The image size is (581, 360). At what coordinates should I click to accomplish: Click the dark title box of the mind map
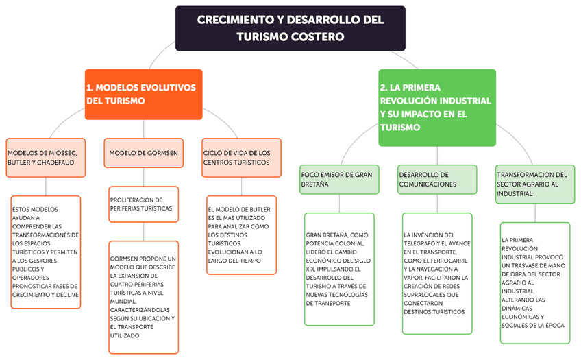point(290,28)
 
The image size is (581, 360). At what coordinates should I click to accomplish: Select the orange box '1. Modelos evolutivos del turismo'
point(144,94)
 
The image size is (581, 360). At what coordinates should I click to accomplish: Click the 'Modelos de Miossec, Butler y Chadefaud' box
point(46,157)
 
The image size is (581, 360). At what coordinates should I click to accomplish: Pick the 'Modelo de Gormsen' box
point(144,152)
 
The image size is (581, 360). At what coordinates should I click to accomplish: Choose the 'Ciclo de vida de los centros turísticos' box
point(241,157)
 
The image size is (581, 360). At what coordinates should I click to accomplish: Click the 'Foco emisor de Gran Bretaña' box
point(338,179)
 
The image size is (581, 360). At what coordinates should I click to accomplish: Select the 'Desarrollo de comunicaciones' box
point(436,179)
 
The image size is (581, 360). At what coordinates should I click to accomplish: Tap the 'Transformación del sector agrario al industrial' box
point(535,184)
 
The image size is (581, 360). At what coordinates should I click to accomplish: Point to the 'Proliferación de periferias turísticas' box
point(143,204)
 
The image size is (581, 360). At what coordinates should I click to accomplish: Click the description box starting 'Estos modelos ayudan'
point(46,251)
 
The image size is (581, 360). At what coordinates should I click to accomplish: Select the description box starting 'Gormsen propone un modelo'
point(143,297)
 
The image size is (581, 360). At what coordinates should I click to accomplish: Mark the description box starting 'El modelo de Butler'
point(241,235)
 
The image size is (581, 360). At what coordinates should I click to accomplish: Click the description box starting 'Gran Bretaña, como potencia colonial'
point(339,269)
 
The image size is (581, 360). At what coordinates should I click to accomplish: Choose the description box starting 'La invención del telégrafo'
point(436,273)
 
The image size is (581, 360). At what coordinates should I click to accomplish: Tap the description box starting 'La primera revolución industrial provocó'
point(534,282)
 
